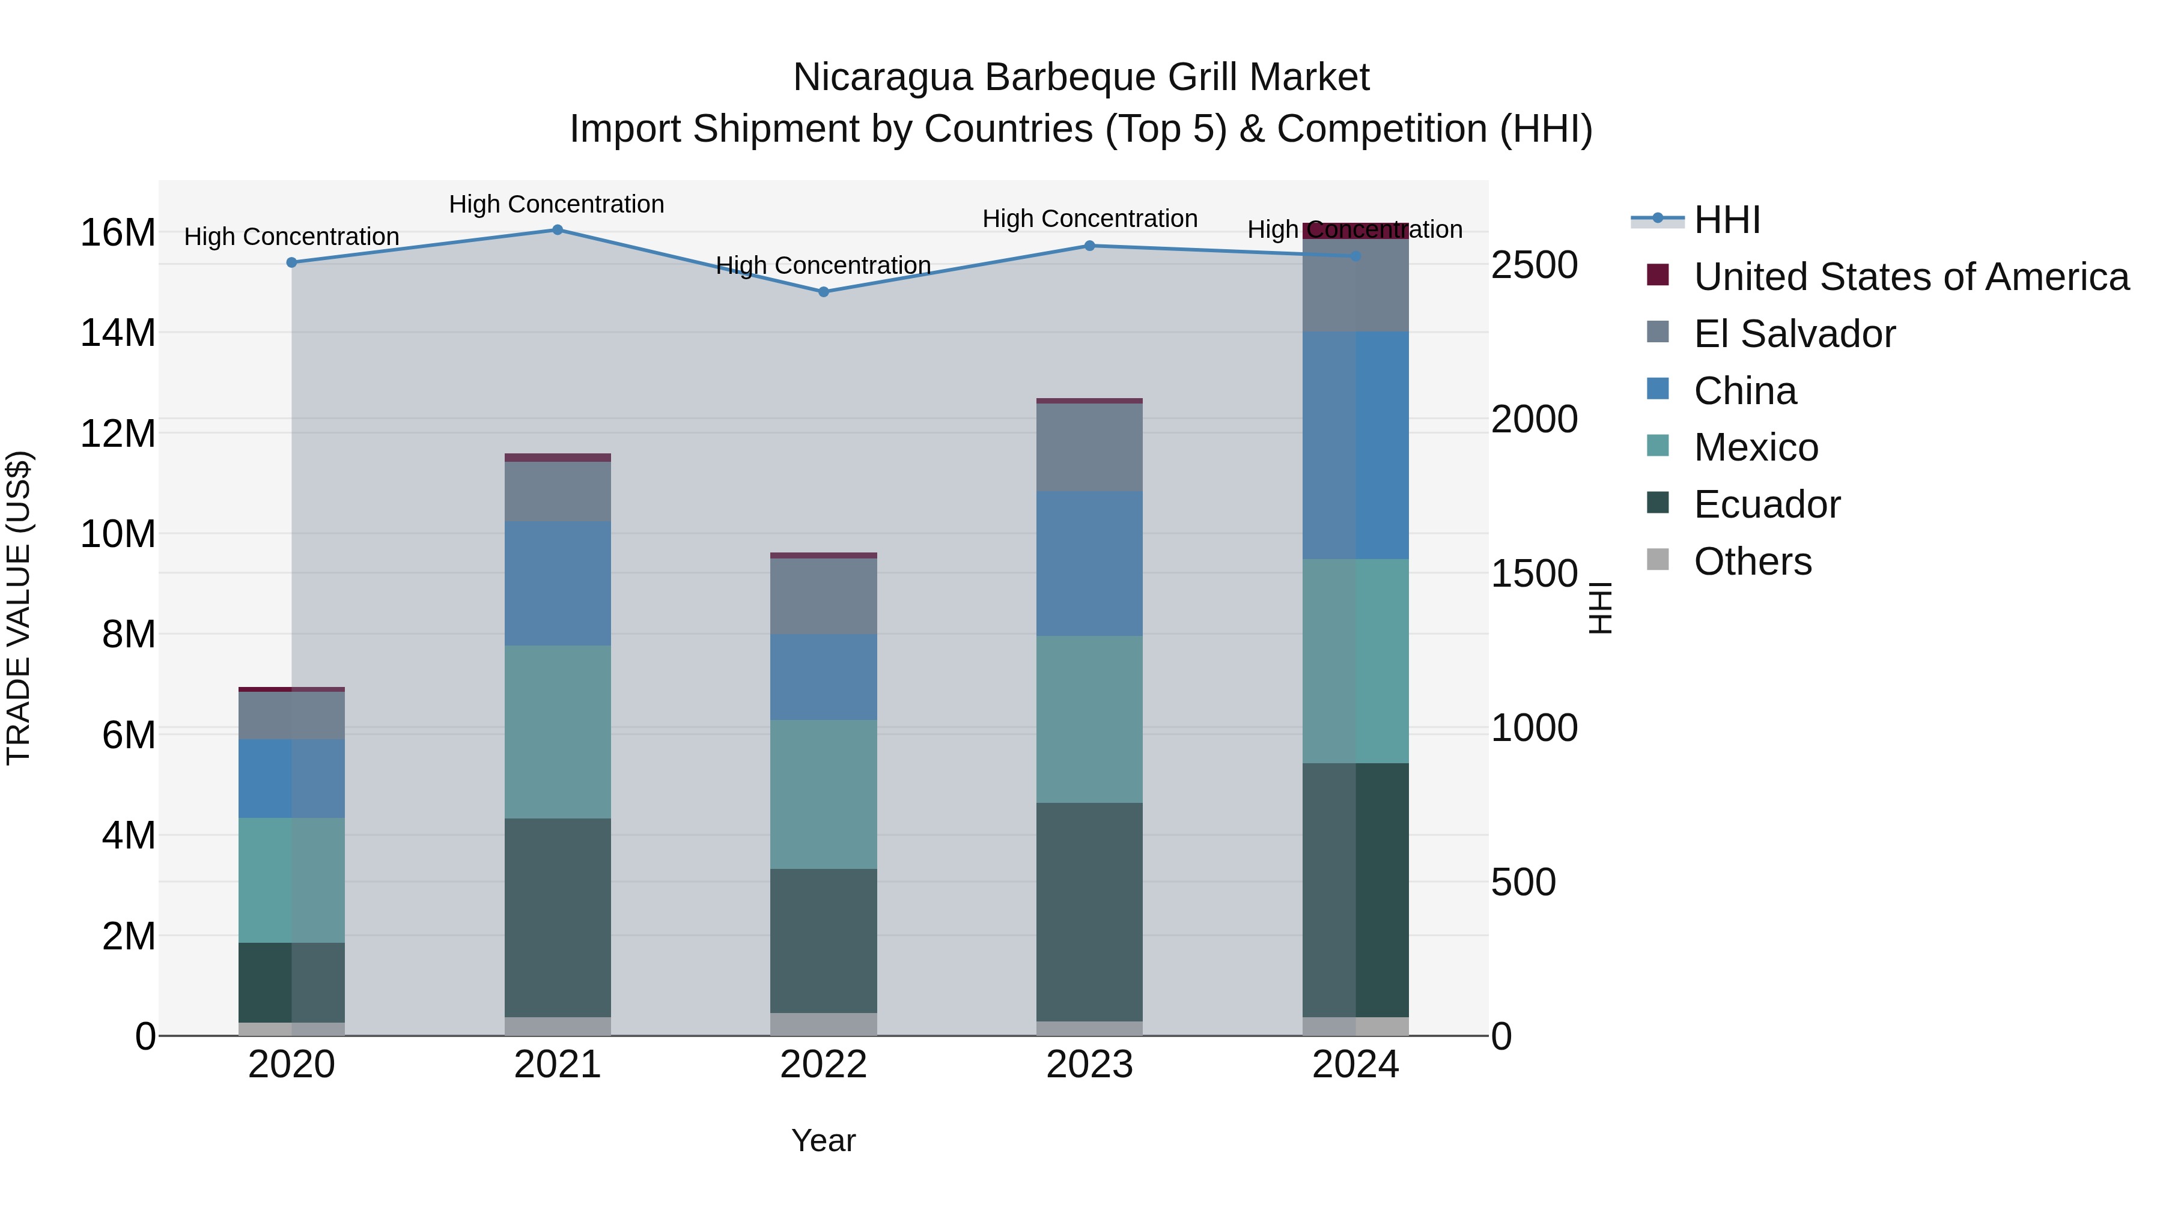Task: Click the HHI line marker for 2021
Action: pyautogui.click(x=558, y=230)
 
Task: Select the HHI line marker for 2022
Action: pyautogui.click(x=824, y=292)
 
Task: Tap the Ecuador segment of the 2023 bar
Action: pyautogui.click(x=1089, y=912)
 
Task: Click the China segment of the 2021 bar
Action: pyautogui.click(x=558, y=583)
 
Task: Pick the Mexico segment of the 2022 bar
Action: pyautogui.click(x=824, y=794)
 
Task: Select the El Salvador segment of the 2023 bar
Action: pyautogui.click(x=1089, y=447)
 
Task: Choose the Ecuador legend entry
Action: pyautogui.click(x=1766, y=504)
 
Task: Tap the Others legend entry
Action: pyautogui.click(x=1753, y=561)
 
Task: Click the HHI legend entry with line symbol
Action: pyautogui.click(x=1726, y=220)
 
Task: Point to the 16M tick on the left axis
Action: pyautogui.click(x=118, y=232)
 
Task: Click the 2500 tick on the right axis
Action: pyautogui.click(x=1534, y=265)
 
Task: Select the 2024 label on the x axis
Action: pyautogui.click(x=1355, y=1065)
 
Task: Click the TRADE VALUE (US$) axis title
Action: pyautogui.click(x=19, y=608)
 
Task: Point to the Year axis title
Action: pyautogui.click(x=823, y=1140)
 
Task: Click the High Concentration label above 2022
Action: pyautogui.click(x=823, y=265)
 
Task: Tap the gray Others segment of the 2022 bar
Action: pyautogui.click(x=824, y=1024)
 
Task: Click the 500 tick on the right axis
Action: pyautogui.click(x=1523, y=882)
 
